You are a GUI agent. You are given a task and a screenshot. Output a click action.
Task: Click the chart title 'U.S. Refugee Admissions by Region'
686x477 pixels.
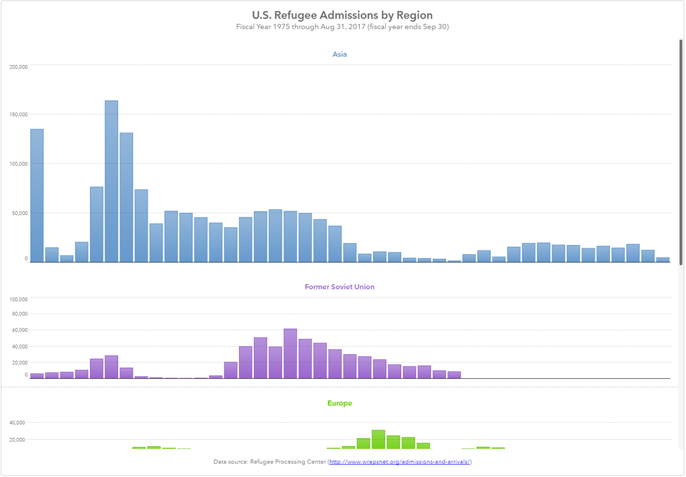342,14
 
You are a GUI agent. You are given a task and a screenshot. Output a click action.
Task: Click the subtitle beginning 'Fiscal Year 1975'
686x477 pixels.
342,27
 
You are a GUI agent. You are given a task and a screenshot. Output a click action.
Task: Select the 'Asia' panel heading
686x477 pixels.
339,54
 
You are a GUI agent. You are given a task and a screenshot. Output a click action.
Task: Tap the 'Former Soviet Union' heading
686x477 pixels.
339,287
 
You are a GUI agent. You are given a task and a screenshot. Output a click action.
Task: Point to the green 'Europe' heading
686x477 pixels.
339,404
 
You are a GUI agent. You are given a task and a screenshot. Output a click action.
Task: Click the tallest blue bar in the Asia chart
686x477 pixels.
111,181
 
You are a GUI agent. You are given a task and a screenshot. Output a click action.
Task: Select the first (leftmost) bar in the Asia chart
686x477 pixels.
37,196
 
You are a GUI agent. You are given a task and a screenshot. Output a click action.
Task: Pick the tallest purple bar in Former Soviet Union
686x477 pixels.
290,353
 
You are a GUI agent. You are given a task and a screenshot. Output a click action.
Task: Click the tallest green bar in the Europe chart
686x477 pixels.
378,439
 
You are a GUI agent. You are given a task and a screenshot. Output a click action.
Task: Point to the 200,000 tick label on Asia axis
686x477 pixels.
19,67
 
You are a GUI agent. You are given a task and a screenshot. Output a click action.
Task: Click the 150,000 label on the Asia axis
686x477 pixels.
19,115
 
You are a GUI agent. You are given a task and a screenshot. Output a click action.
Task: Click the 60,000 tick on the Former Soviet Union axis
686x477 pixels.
19,330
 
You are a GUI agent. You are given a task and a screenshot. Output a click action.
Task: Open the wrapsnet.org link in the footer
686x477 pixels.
400,462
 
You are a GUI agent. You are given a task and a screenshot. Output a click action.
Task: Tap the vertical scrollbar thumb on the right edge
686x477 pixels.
681,151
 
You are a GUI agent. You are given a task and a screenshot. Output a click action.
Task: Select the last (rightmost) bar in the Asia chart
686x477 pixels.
663,259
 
